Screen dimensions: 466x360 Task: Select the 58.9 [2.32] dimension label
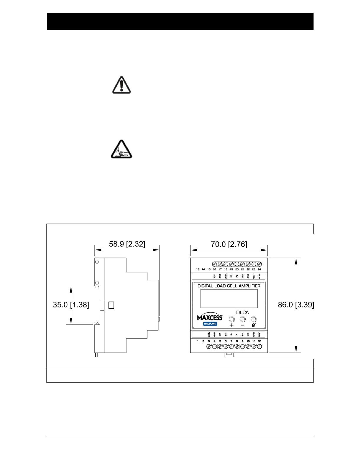coord(127,244)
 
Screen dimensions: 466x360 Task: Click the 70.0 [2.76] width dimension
coord(229,244)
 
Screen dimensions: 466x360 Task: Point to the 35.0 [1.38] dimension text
coord(71,305)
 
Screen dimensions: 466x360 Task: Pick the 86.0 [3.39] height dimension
coord(296,305)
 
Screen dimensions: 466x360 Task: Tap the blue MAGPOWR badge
coord(210,324)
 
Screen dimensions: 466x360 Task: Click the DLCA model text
coord(242,312)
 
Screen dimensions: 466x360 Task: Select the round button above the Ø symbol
coord(254,319)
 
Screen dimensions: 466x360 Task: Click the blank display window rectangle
coord(229,298)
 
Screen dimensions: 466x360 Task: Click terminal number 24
coord(259,269)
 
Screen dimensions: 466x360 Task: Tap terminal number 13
coord(198,269)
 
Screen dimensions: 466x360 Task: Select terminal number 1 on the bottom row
coord(198,341)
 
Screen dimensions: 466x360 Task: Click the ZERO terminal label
coord(259,334)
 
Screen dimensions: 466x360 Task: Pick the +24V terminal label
coord(209,334)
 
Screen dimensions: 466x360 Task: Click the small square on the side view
coord(111,305)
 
